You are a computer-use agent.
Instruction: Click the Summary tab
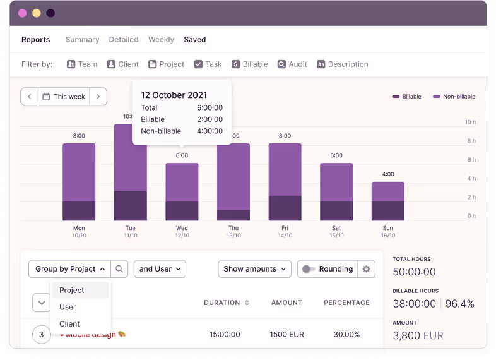(x=82, y=39)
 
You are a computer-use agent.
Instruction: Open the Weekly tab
(x=161, y=39)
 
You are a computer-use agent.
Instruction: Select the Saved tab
(x=194, y=39)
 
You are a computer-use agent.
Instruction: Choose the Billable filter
(x=249, y=64)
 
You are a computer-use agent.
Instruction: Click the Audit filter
(x=292, y=64)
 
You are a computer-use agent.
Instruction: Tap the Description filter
(x=342, y=64)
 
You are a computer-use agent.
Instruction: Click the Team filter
(x=82, y=64)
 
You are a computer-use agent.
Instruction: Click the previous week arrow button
(x=30, y=97)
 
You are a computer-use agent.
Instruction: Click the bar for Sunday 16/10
(x=387, y=201)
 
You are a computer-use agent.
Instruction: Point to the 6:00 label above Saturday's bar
(x=336, y=155)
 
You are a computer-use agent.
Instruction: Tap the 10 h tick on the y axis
(x=470, y=122)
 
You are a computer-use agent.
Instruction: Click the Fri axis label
(x=285, y=228)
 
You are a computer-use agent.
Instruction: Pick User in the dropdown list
(x=68, y=307)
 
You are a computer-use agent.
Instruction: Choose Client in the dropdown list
(x=69, y=323)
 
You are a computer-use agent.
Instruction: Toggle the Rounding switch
(x=309, y=268)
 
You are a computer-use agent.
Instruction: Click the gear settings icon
(x=366, y=268)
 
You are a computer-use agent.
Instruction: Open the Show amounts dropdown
(x=255, y=268)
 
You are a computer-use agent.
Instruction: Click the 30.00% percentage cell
(x=346, y=334)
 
